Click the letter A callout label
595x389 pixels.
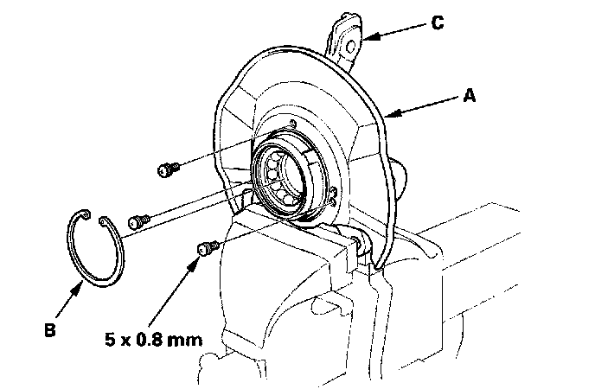470,98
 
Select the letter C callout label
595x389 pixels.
438,22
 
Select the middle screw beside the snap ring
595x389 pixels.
138,222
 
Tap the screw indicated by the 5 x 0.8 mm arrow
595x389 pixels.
205,249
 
